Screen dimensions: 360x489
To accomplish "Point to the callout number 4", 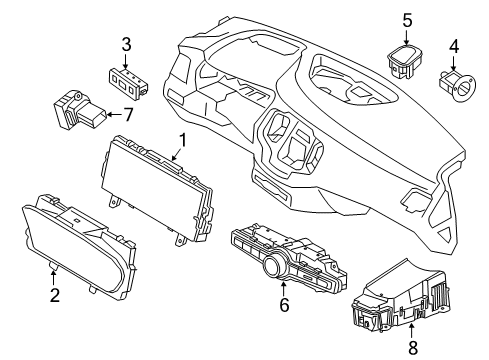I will point(453,45).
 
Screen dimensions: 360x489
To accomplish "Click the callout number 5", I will point(406,19).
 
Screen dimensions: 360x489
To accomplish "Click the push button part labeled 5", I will point(405,62).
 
